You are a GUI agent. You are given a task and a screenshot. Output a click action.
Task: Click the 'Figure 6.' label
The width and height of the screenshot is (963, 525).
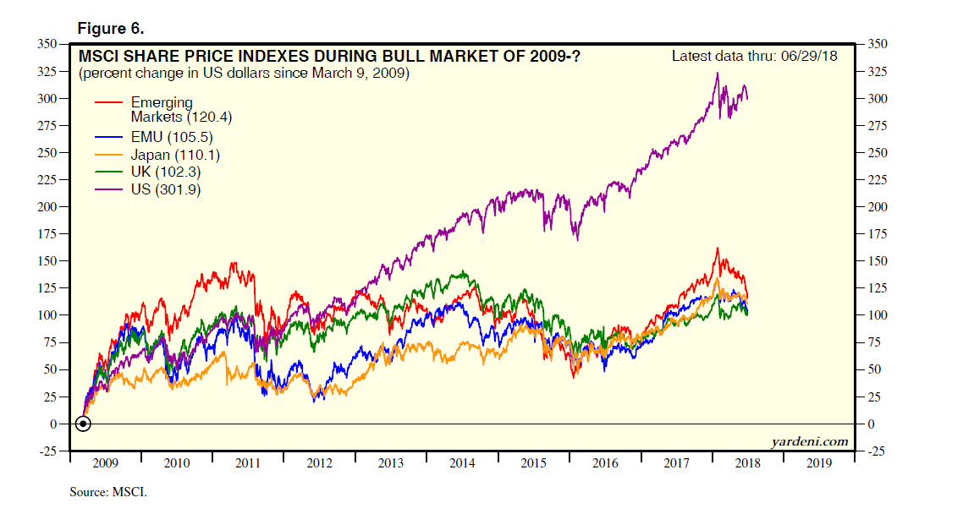(x=110, y=28)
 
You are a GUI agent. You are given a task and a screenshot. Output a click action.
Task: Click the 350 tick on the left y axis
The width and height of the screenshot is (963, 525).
(x=47, y=44)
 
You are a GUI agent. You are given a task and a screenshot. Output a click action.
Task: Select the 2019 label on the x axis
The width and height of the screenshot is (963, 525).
(x=819, y=463)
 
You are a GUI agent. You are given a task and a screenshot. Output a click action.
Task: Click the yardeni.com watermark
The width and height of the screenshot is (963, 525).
(x=809, y=441)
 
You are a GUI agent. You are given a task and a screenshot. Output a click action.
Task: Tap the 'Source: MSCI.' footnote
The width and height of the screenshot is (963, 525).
(x=108, y=491)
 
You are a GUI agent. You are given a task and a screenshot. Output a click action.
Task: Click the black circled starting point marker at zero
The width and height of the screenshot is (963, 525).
(x=82, y=424)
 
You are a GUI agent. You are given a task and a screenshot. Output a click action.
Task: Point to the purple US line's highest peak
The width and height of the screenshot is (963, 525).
(x=717, y=74)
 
